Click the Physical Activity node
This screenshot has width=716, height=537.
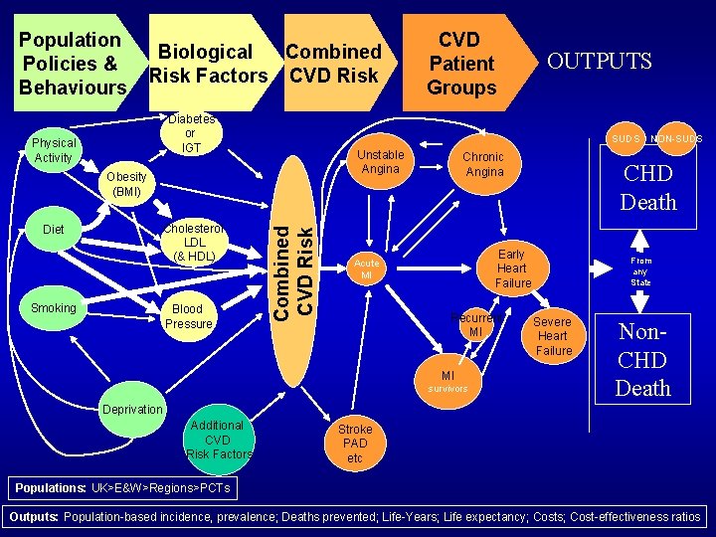point(54,150)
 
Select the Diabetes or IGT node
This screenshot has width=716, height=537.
point(190,134)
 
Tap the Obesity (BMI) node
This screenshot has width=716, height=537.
point(126,184)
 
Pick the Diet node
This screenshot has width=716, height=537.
point(54,230)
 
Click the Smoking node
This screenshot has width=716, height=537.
point(54,308)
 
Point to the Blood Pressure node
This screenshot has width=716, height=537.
point(189,316)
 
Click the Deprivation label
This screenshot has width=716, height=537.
point(132,409)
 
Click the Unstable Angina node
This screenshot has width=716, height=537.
point(380,162)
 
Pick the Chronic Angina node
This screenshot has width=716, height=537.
point(483,164)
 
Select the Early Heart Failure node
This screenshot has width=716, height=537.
point(512,268)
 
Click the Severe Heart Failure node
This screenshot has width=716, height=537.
point(553,336)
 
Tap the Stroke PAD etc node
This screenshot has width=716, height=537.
point(355,444)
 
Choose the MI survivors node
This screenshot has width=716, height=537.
point(447,382)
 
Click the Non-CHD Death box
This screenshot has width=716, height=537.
point(642,359)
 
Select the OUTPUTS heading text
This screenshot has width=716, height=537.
point(600,62)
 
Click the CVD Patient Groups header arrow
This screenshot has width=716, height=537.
point(461,64)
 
